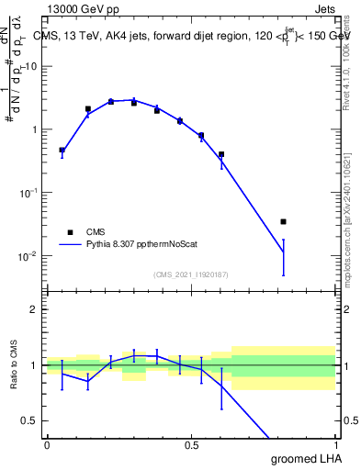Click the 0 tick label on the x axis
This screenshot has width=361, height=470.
click(x=47, y=445)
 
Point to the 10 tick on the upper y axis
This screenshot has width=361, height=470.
click(x=31, y=66)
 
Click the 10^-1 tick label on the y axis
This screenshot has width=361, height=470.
click(x=28, y=192)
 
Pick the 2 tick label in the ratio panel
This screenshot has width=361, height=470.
click(x=35, y=309)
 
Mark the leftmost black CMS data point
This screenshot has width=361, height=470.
click(x=62, y=150)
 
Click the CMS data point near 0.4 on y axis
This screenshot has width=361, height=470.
click(x=221, y=154)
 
